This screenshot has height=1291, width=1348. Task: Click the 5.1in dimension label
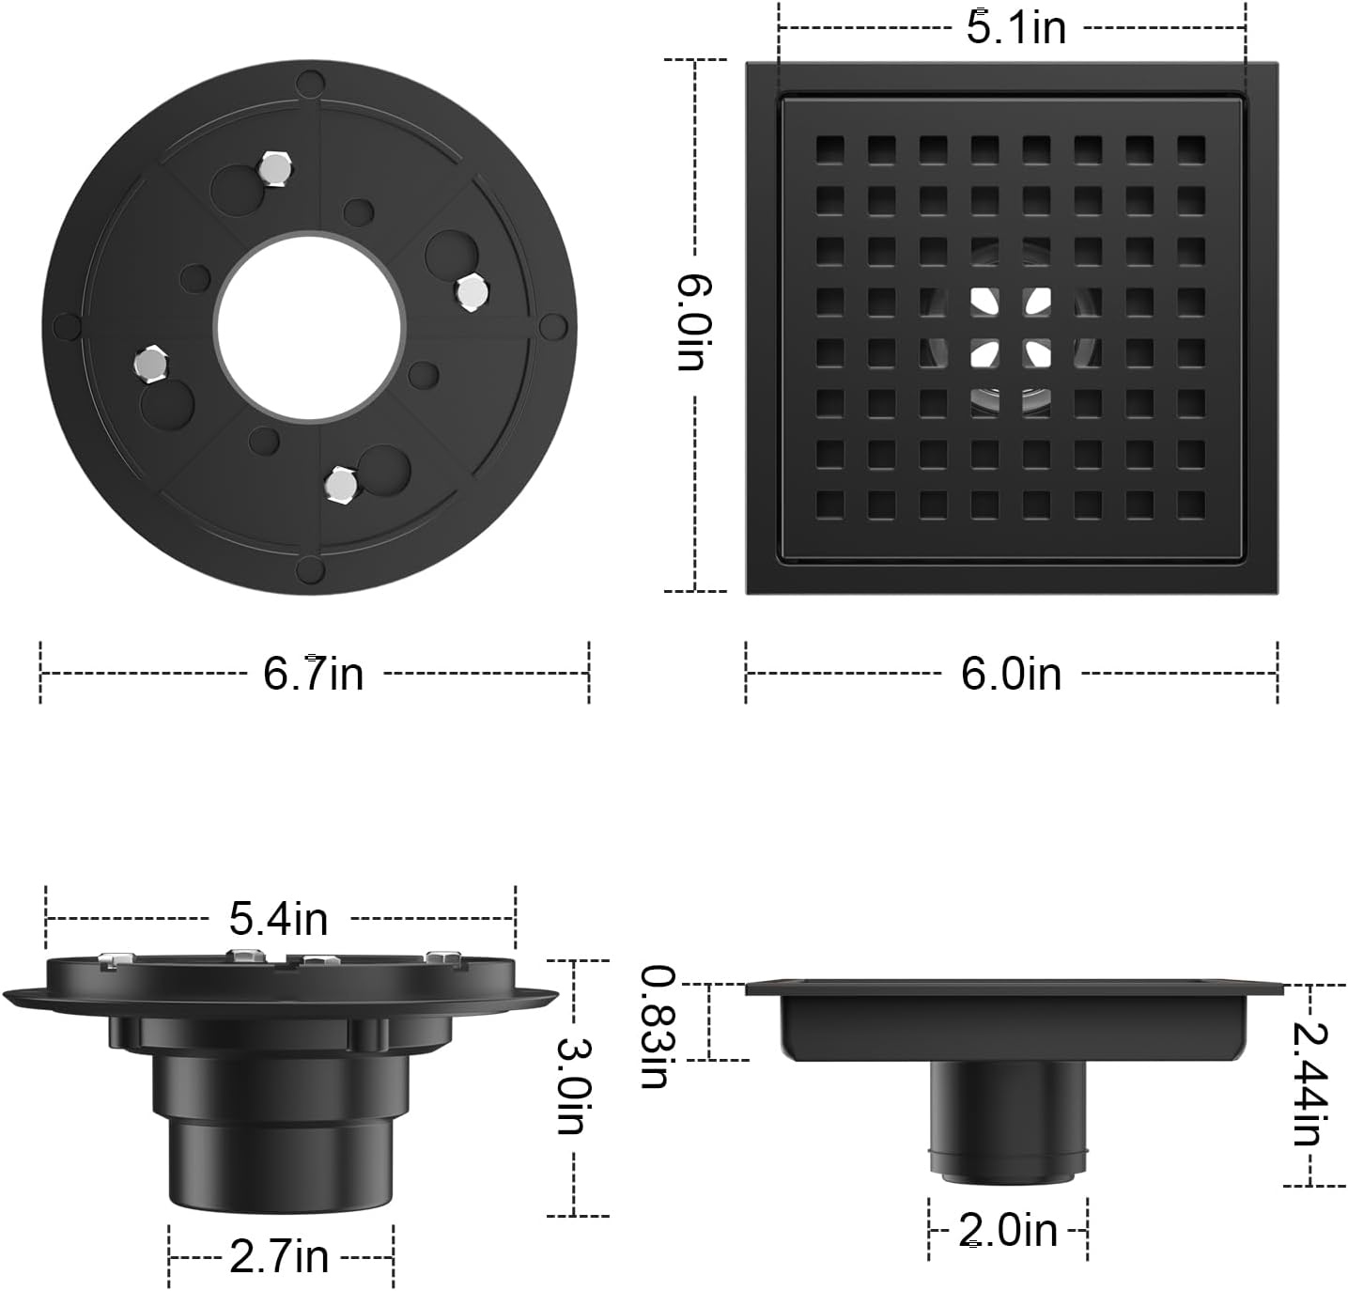point(1016,28)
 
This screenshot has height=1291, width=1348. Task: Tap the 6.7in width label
point(313,674)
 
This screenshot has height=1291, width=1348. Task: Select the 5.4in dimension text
point(279,918)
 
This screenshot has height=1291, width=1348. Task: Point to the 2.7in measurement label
point(279,1256)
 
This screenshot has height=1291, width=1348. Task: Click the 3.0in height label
point(571,1086)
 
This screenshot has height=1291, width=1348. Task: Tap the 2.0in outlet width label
point(1008,1230)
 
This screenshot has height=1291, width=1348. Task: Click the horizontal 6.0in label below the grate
point(1011,674)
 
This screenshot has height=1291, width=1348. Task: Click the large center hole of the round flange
point(308,324)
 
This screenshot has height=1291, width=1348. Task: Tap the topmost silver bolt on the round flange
point(273,168)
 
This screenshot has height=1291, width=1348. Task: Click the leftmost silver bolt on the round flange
point(148,362)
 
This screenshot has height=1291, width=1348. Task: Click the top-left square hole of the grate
point(829,149)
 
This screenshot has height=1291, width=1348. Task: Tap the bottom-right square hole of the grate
point(1190,505)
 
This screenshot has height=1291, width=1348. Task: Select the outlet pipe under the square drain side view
point(1008,1118)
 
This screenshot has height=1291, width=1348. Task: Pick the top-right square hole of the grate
point(1190,149)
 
